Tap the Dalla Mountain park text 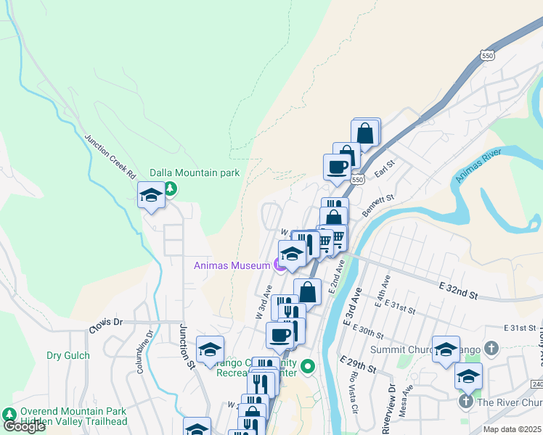click(194, 173)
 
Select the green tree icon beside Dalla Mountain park click(171, 188)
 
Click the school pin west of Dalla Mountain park click(151, 195)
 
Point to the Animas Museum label click(231, 265)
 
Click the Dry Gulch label click(68, 356)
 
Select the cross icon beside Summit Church click(491, 349)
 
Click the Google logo click(24, 426)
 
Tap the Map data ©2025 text click(511, 429)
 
